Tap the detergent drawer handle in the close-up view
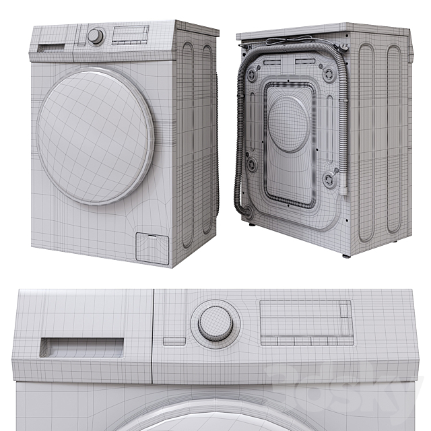[x=81, y=347]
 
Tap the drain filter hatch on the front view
[x=152, y=247]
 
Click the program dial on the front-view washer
[x=96, y=36]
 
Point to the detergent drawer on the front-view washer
[x=53, y=48]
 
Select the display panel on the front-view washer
[x=130, y=34]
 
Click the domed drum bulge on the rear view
[x=290, y=123]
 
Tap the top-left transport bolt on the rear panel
[x=252, y=75]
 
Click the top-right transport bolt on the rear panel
[x=329, y=75]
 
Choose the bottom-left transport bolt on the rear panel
[x=251, y=164]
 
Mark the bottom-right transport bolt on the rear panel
[x=329, y=180]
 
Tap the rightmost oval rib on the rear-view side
[x=394, y=141]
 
